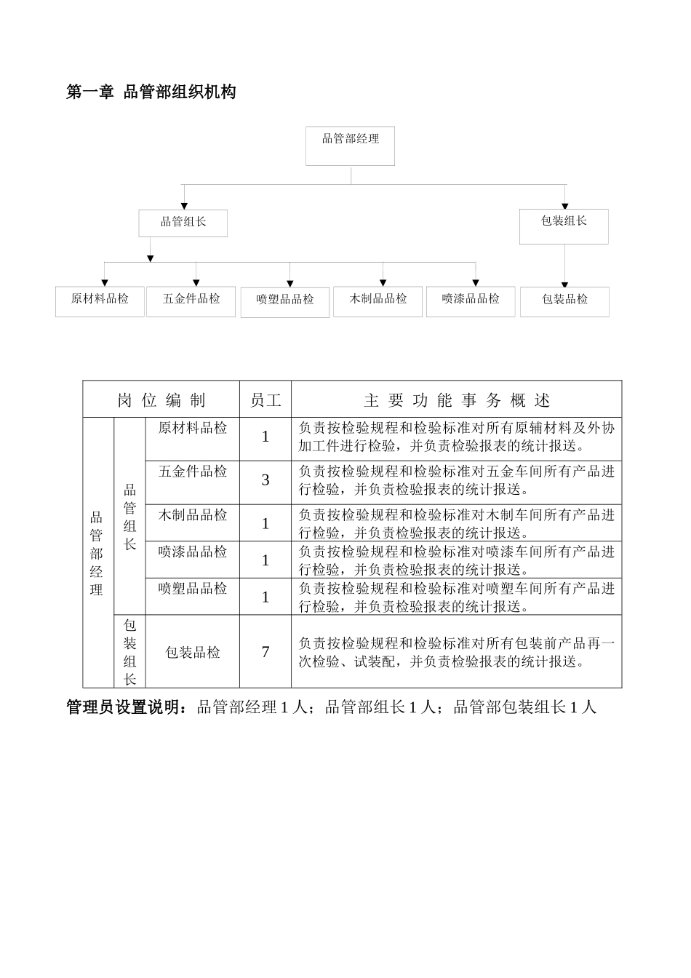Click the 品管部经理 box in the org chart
pos(351,146)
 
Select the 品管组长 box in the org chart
pos(183,223)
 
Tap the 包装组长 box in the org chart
pos(564,226)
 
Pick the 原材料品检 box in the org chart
pos(100,301)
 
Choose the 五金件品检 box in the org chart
pos(191,301)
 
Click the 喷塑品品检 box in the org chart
pos(285,302)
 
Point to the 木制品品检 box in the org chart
pos(378,301)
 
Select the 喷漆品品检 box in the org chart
pos(471,301)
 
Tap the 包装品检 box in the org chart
pos(564,301)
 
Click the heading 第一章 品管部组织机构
pos(151,92)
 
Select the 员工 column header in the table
pos(265,399)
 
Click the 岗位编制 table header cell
pos(161,399)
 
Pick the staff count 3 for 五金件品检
pos(265,480)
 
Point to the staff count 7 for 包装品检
pos(265,652)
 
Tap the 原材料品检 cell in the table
pos(193,428)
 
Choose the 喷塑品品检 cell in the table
pos(193,588)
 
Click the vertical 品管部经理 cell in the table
pos(97,553)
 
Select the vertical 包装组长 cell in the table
pos(130,652)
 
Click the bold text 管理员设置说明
pos(128,707)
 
